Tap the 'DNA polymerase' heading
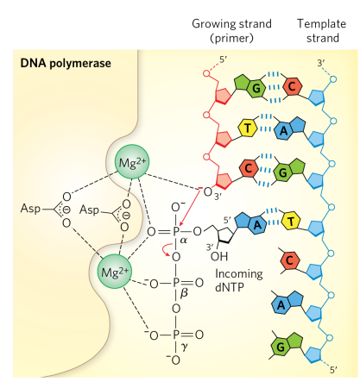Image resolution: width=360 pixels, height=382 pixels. coord(60,64)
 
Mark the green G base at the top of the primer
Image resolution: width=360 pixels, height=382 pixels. coord(256,88)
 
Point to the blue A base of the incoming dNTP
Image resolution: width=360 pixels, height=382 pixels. coord(259,221)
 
